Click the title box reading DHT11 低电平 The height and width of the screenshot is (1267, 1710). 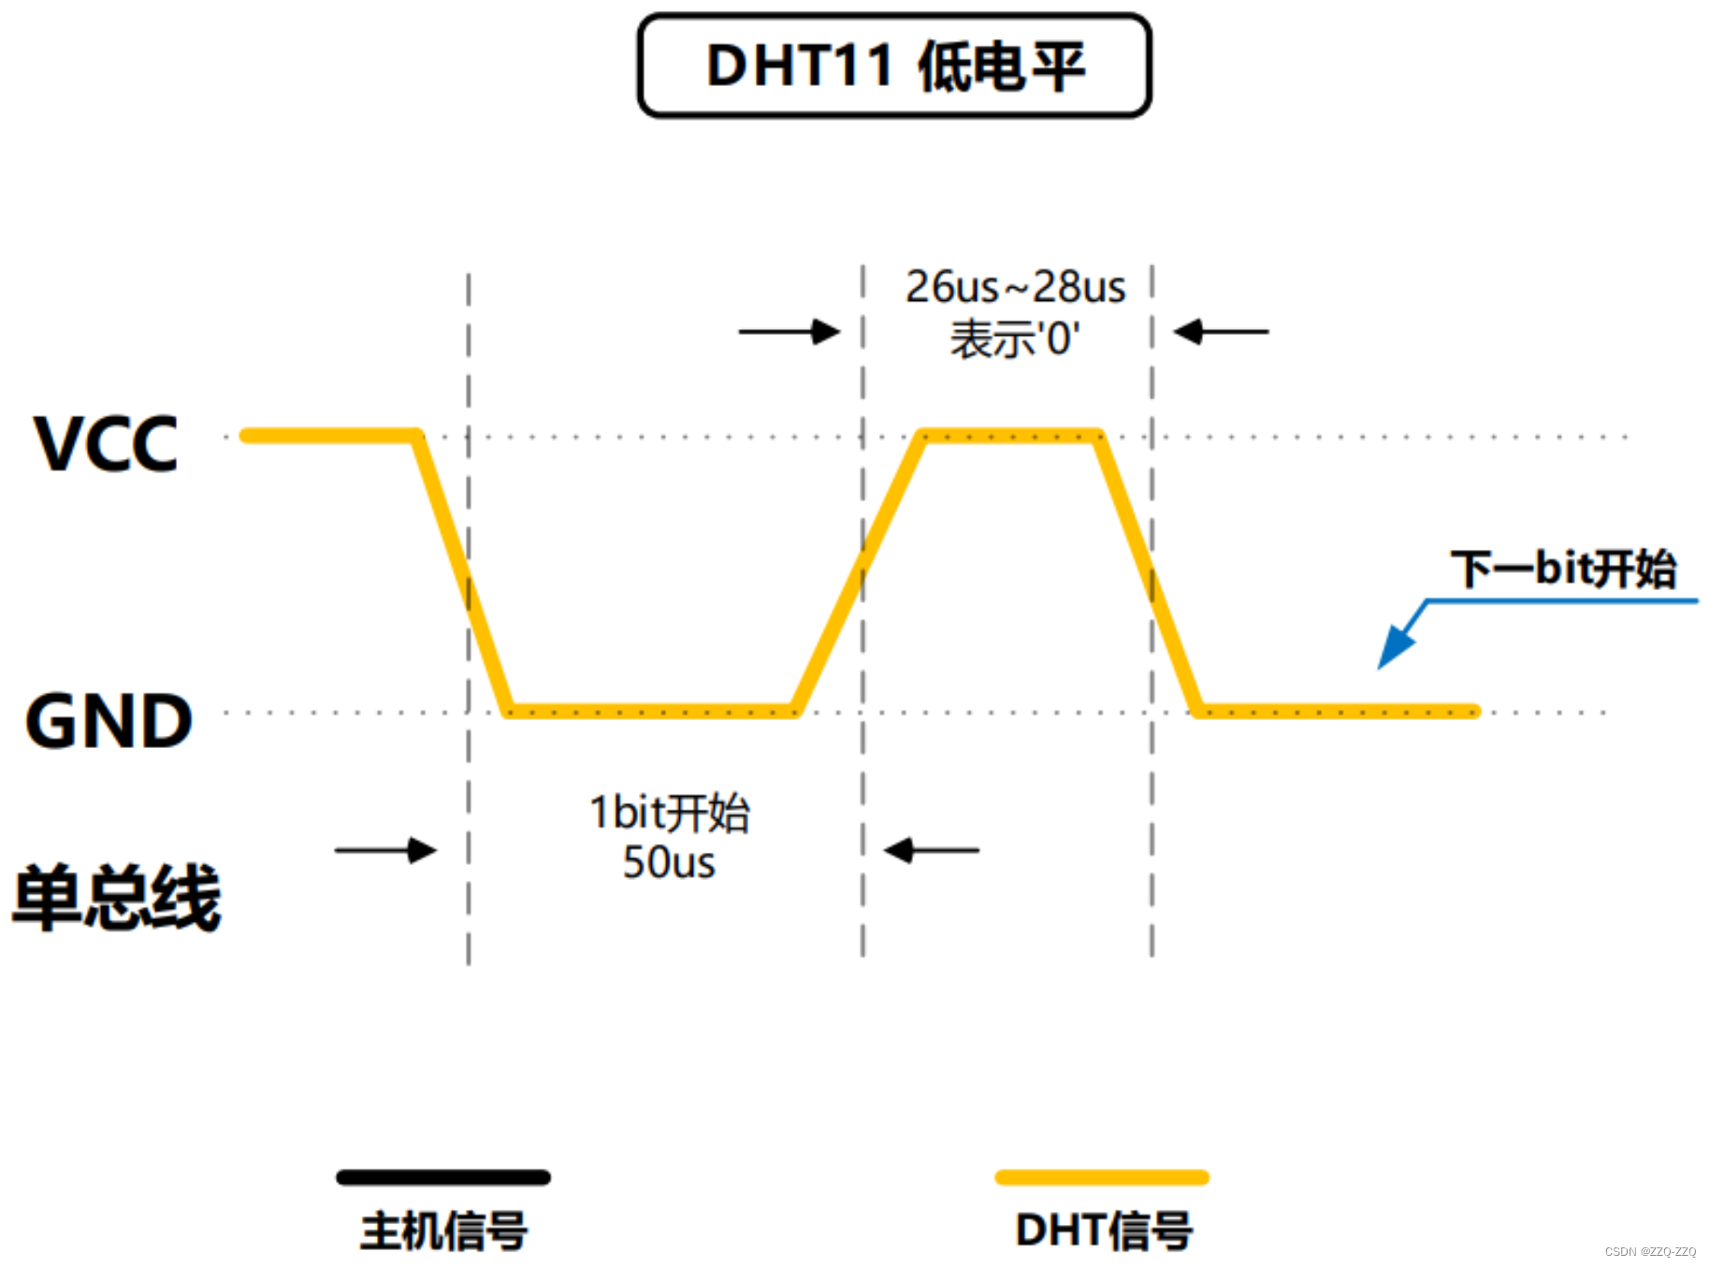pos(894,65)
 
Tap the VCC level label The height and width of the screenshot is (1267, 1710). pos(106,443)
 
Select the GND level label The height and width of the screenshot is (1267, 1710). pos(109,721)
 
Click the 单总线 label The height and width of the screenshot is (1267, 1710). pos(117,897)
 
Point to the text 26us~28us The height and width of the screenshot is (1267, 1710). pos(1015,287)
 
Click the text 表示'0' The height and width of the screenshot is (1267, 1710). pos(1015,338)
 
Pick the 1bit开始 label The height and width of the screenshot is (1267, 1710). pos(669,812)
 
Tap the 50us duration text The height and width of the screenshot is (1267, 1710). pos(669,862)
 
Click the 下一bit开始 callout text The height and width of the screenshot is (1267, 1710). pos(1563,569)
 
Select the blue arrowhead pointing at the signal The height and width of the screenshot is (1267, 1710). pos(1397,646)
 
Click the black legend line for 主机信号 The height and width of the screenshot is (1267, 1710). pos(443,1177)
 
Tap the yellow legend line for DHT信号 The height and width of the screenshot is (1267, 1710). pos(1102,1177)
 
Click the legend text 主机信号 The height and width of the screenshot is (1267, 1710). pos(444,1231)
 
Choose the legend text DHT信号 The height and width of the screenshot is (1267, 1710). pos(1104,1231)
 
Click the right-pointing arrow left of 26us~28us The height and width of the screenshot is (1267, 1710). pos(790,331)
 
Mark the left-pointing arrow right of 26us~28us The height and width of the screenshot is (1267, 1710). pos(1221,331)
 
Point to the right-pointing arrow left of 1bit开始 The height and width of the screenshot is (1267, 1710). pos(385,850)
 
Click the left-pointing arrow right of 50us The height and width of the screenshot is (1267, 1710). pos(932,850)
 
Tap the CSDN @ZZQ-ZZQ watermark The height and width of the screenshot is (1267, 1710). pos(1650,1251)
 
